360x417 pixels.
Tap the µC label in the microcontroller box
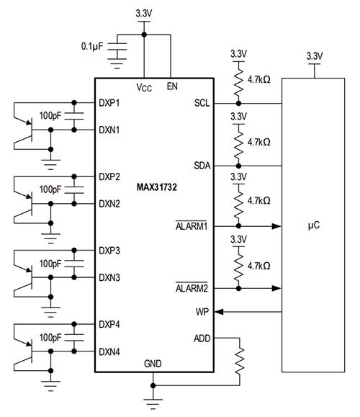coord(314,225)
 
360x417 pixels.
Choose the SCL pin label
coord(202,102)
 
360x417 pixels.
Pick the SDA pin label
coord(202,165)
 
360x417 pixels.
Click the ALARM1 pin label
coord(193,226)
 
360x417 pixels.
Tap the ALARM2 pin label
coord(193,287)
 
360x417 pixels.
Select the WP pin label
coord(202,312)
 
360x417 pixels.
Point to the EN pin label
coord(172,86)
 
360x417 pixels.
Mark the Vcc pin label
coord(144,87)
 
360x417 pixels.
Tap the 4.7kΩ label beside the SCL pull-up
coord(258,81)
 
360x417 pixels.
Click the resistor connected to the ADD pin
coord(240,359)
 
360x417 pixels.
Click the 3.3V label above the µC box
coord(314,55)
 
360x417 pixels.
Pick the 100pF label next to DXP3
coord(50,262)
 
